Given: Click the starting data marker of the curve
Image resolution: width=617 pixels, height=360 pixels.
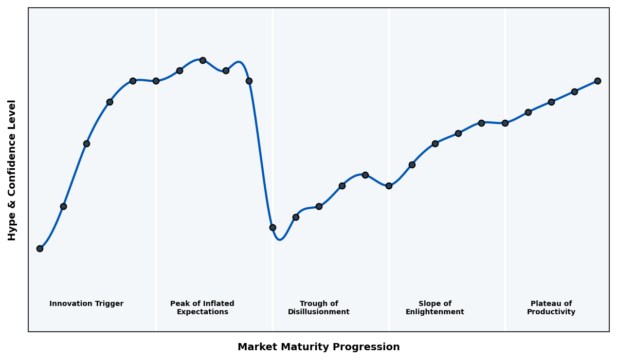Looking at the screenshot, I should (40, 248).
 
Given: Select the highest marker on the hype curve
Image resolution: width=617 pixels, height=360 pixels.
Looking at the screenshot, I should (203, 60).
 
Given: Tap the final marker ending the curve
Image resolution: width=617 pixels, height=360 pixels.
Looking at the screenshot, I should (597, 81).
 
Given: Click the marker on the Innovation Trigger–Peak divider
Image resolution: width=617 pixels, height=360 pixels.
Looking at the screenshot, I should (156, 81).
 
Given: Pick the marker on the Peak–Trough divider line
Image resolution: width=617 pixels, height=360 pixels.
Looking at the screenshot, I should (273, 227).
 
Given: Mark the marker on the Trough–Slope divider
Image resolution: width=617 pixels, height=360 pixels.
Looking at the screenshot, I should (389, 186).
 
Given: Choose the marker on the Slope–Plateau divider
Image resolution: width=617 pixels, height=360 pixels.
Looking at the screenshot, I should (505, 123).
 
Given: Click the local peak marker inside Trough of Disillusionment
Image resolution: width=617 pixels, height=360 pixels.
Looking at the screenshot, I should (365, 175).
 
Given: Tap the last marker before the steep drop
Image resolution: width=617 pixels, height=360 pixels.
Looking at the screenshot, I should (249, 81).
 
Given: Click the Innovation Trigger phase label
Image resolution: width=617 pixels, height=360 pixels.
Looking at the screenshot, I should (86, 304).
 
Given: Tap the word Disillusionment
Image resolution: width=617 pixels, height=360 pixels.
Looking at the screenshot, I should (319, 312).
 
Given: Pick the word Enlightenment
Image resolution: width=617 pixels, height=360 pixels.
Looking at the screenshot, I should (435, 312).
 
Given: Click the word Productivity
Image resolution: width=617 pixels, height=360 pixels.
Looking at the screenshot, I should (551, 312).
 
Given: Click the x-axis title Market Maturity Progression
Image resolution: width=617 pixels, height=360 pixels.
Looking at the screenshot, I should (319, 347).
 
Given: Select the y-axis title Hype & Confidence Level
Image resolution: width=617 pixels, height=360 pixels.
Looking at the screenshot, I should (12, 170).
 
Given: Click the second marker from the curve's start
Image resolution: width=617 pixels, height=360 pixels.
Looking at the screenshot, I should (63, 206).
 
